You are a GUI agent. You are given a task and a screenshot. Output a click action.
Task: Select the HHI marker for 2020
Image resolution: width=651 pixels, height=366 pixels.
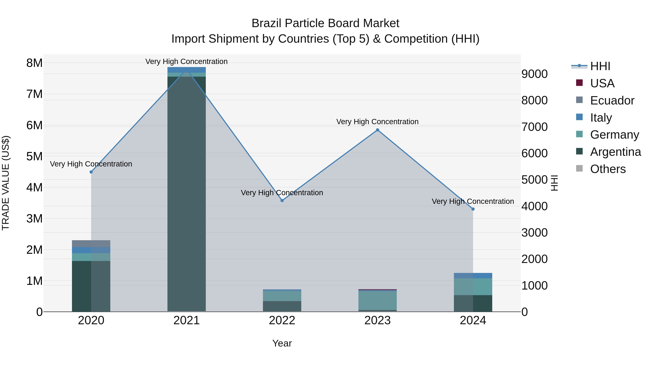coord(91,172)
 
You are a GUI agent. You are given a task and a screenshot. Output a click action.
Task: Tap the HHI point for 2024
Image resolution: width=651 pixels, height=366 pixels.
coord(473,209)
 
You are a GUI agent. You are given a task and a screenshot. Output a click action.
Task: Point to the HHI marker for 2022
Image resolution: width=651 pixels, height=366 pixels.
coord(282,201)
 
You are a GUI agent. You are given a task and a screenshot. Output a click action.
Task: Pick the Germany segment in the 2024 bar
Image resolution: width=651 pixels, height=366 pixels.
coord(473,287)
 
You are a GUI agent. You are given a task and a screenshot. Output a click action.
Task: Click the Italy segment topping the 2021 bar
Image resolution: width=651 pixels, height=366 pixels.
coord(186,70)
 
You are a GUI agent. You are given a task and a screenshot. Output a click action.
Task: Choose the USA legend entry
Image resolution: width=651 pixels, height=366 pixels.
coord(602,83)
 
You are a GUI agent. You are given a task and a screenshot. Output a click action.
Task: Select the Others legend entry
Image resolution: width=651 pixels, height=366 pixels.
coord(608,169)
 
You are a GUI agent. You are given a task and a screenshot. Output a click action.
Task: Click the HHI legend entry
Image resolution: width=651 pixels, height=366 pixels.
coord(600,66)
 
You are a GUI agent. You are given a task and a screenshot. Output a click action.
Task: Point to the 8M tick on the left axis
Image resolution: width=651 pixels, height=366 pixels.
coord(34,63)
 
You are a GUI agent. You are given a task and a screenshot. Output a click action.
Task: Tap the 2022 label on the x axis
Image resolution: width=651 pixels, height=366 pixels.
coord(282,320)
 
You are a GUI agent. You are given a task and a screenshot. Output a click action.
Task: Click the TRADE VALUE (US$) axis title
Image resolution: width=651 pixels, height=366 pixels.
coord(6,183)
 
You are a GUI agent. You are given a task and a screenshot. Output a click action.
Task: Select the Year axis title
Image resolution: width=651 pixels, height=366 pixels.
coord(282,343)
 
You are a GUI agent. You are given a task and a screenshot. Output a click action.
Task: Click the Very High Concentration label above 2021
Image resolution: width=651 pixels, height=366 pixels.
coord(186,61)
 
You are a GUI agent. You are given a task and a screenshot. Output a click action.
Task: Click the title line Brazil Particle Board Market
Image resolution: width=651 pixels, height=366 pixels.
coord(325,23)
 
